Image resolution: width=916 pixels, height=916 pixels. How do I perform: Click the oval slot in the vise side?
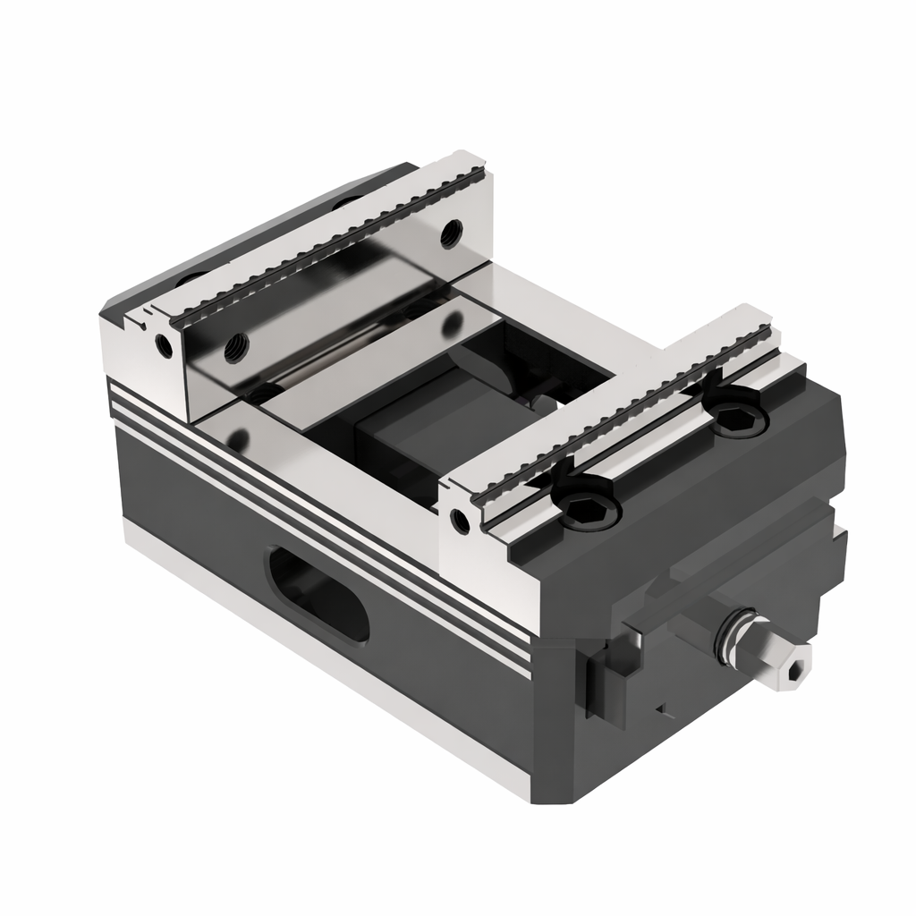click(x=318, y=595)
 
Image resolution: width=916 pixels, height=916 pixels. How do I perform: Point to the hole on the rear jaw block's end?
click(x=163, y=345)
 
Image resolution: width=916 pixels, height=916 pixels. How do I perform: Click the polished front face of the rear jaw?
click(x=340, y=304)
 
